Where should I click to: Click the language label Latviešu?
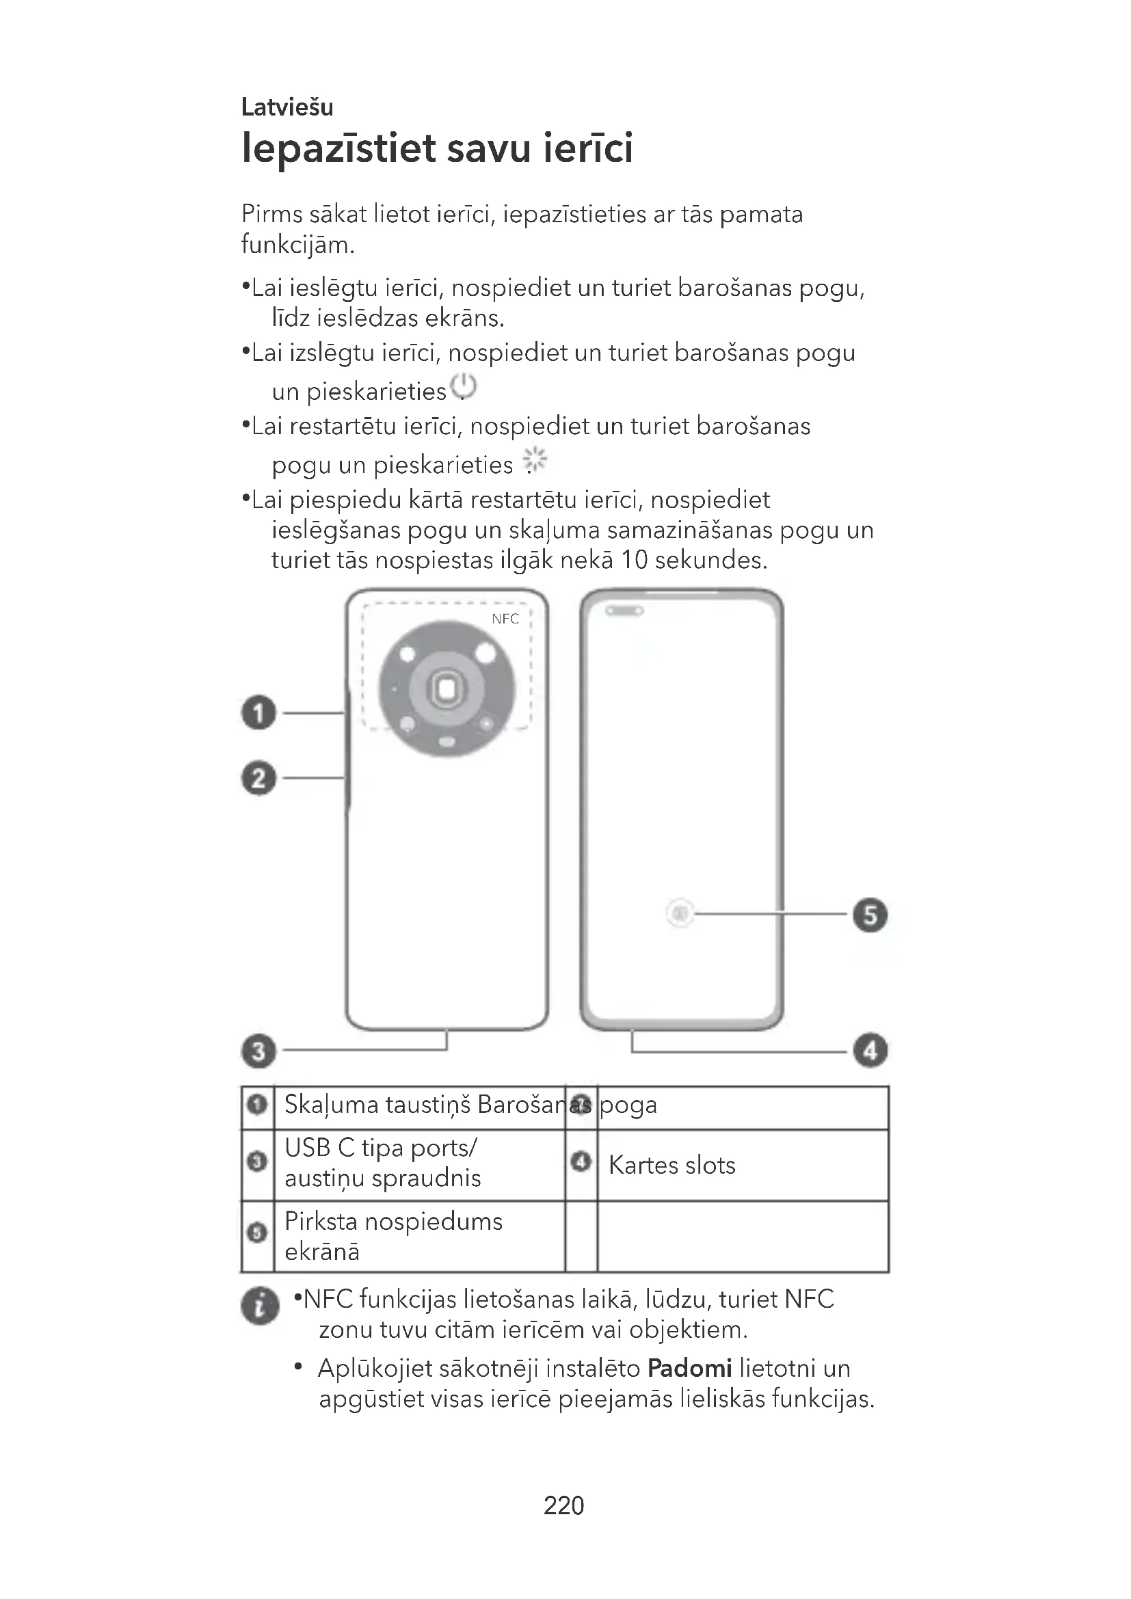[x=287, y=107]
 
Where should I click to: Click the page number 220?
[x=563, y=1505]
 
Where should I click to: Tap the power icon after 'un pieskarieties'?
[x=463, y=387]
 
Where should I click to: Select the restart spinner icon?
[x=534, y=461]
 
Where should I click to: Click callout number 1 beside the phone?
[x=258, y=713]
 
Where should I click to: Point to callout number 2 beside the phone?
[x=258, y=778]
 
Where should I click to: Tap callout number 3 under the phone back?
[x=258, y=1051]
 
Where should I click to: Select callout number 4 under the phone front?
[x=870, y=1051]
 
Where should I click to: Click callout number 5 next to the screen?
[x=870, y=915]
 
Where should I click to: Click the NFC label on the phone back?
[x=505, y=619]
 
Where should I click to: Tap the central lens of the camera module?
[x=447, y=689]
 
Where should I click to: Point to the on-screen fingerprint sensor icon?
[x=680, y=913]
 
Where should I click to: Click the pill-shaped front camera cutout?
[x=624, y=610]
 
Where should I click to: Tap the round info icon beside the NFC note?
[x=260, y=1306]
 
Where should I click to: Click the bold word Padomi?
[x=689, y=1369]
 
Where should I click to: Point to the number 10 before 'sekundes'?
[x=634, y=561]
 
